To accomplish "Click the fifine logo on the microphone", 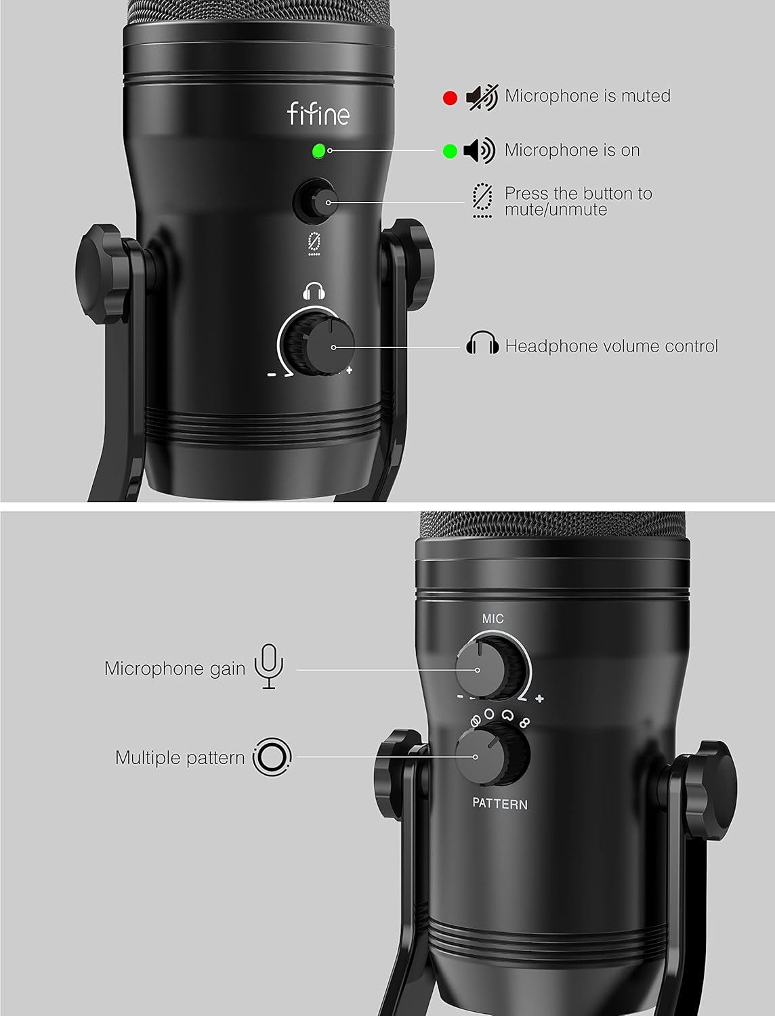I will (x=318, y=113).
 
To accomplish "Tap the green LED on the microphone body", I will (x=318, y=151).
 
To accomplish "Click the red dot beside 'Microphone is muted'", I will (x=450, y=98).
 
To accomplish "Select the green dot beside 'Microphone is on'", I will (x=450, y=151).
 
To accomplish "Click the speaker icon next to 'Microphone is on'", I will (x=480, y=150).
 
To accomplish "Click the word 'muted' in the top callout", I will (x=646, y=96).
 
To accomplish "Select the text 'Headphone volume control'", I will (x=611, y=346).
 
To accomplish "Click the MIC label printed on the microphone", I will (x=493, y=619).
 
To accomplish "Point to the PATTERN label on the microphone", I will (x=500, y=804).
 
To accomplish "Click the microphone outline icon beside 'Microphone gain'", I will (x=269, y=666).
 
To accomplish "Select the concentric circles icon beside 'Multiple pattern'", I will (x=272, y=756).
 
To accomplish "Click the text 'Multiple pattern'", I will (x=180, y=757).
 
